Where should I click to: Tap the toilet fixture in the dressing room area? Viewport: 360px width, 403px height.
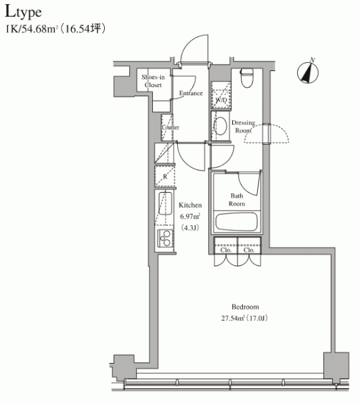pyautogui.click(x=247, y=78)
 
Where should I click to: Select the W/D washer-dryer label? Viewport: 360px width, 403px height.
pyautogui.click(x=221, y=99)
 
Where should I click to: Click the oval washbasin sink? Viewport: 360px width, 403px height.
pyautogui.click(x=221, y=126)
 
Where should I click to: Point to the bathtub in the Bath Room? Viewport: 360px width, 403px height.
pyautogui.click(x=237, y=221)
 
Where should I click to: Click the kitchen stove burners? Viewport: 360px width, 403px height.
pyautogui.click(x=165, y=238)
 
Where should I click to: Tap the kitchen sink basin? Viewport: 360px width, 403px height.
pyautogui.click(x=165, y=204)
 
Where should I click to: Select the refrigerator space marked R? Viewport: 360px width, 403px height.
pyautogui.click(x=165, y=176)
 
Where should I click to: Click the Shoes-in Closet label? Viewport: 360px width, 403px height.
pyautogui.click(x=153, y=81)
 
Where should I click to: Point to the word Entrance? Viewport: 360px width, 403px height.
pyautogui.click(x=191, y=93)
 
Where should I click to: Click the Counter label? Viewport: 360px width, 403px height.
pyautogui.click(x=171, y=127)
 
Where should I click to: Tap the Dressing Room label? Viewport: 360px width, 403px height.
pyautogui.click(x=243, y=126)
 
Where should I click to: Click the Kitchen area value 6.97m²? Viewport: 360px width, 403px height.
pyautogui.click(x=190, y=216)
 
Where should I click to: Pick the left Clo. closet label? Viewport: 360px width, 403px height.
pyautogui.click(x=226, y=250)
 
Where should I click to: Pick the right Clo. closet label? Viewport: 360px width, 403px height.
pyautogui.click(x=249, y=250)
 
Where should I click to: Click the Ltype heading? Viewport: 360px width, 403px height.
pyautogui.click(x=23, y=12)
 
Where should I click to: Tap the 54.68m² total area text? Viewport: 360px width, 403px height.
pyautogui.click(x=39, y=29)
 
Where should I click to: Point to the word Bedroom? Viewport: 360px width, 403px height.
pyautogui.click(x=245, y=306)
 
